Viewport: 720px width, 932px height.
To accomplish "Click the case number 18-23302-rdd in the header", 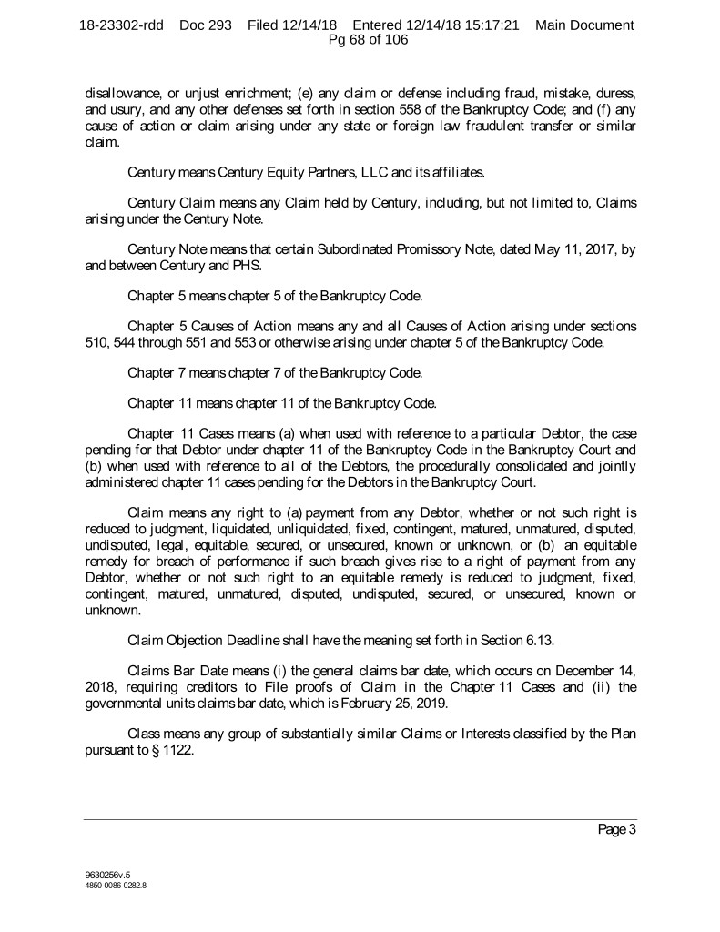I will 121,25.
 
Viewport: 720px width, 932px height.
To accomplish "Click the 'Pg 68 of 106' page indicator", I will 360,39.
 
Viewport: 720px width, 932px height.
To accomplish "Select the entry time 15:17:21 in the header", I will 489,25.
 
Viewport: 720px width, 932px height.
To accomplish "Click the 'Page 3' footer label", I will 616,830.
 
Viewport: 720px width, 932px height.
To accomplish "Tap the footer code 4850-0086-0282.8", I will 110,883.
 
